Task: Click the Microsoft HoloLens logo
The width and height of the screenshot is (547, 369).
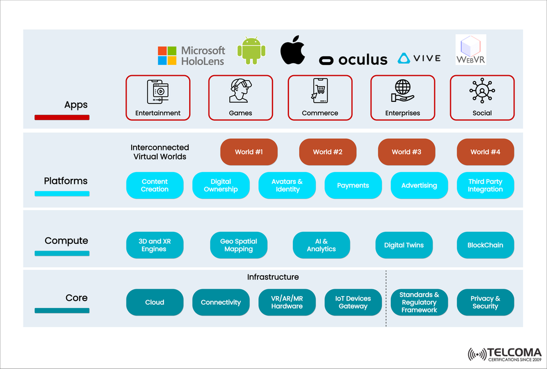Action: click(x=191, y=55)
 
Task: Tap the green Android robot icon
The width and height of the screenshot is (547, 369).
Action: click(x=251, y=50)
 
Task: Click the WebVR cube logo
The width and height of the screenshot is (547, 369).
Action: click(x=470, y=50)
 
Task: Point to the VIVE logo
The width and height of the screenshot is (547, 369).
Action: click(x=419, y=58)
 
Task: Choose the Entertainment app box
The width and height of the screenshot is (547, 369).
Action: click(x=158, y=97)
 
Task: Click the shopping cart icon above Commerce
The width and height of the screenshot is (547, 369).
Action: click(x=320, y=91)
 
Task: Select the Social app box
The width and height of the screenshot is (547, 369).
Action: click(x=482, y=97)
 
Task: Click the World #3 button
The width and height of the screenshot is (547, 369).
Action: click(x=406, y=152)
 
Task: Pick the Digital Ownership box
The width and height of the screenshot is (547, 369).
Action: click(x=221, y=186)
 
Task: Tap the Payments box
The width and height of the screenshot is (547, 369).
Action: click(x=353, y=186)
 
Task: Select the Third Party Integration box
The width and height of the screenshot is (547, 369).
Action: click(x=485, y=186)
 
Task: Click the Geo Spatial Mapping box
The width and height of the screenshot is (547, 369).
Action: click(x=238, y=245)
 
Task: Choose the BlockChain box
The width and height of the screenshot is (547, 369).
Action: click(x=485, y=245)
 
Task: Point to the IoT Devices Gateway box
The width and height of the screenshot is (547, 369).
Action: click(x=353, y=302)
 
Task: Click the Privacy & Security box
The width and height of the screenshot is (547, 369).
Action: click(x=485, y=302)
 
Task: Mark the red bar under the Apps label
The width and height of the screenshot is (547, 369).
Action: click(x=62, y=117)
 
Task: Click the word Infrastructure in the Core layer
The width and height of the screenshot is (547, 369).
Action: click(x=272, y=277)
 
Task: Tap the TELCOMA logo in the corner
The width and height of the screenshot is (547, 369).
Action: click(x=504, y=355)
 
